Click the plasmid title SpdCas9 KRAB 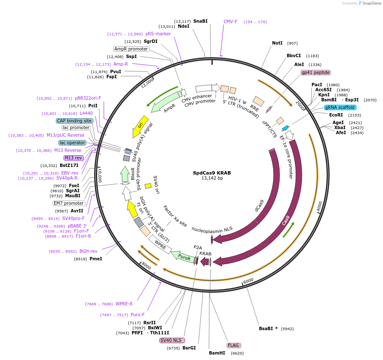(212, 173)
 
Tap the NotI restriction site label (277, 43)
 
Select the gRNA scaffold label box (340, 107)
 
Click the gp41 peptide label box (315, 72)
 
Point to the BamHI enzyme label (217, 353)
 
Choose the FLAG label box (233, 345)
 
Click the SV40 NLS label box (172, 340)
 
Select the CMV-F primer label (230, 21)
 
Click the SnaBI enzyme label (201, 21)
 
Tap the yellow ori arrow (140, 125)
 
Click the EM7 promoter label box (69, 203)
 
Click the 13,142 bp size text (212, 178)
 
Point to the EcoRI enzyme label (336, 115)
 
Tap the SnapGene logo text (370, 3)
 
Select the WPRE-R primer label (124, 304)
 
